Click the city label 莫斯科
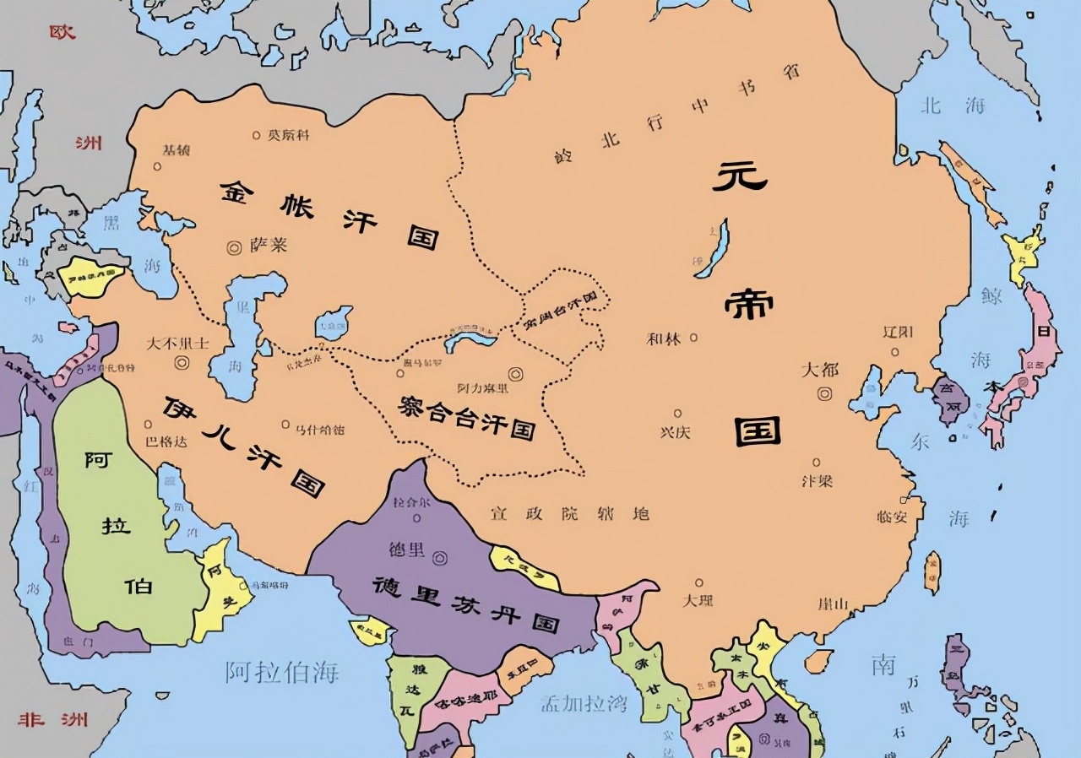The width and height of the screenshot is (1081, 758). pyautogui.click(x=290, y=134)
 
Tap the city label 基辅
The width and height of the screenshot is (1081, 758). pyautogui.click(x=176, y=150)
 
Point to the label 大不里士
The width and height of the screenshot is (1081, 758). pyautogui.click(x=177, y=344)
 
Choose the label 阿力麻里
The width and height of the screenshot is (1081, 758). pyautogui.click(x=482, y=388)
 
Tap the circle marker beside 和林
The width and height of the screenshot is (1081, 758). pyautogui.click(x=693, y=338)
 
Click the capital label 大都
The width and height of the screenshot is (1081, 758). pyautogui.click(x=819, y=370)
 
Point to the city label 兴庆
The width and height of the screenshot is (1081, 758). pyautogui.click(x=675, y=431)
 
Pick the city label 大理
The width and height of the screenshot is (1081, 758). pyautogui.click(x=698, y=600)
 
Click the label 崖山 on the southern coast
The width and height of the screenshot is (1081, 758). pyautogui.click(x=833, y=604)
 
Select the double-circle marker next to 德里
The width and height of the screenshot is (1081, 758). pyautogui.click(x=439, y=558)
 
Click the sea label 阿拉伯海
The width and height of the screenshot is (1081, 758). pyautogui.click(x=282, y=672)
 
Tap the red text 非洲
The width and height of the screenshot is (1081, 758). pyautogui.click(x=52, y=720)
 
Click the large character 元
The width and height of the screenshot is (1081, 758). pyautogui.click(x=740, y=176)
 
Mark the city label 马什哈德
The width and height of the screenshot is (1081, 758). pyautogui.click(x=318, y=430)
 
